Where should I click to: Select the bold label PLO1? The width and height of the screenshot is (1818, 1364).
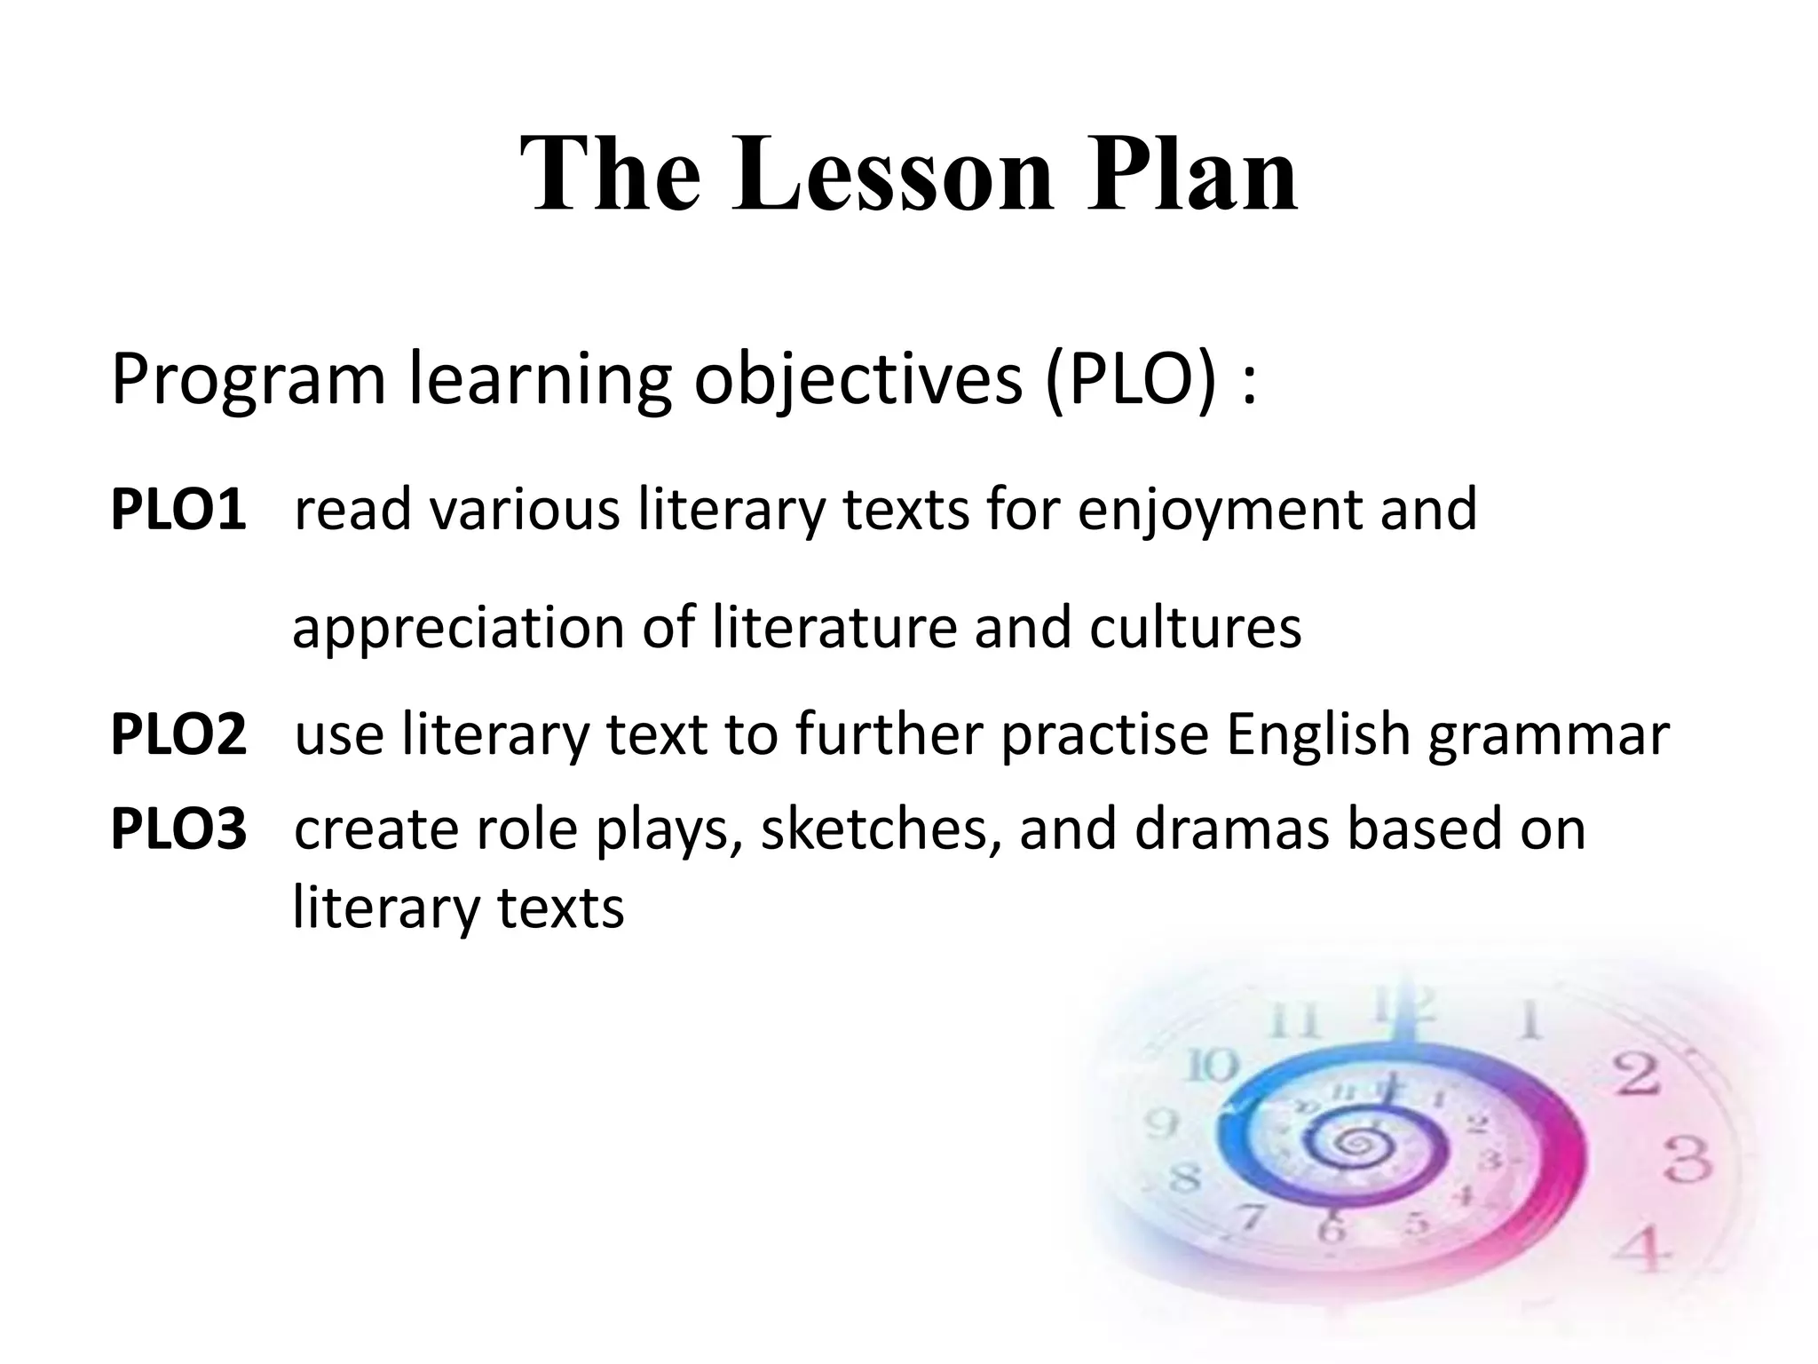(178, 511)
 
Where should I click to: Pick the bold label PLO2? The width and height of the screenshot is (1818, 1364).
(178, 735)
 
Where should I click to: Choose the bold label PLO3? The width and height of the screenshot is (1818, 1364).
(178, 829)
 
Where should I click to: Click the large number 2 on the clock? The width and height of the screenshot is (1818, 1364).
(1635, 1076)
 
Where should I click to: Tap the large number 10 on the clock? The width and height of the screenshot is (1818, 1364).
(1213, 1066)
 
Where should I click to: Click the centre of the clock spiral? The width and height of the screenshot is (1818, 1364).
(1353, 1145)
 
